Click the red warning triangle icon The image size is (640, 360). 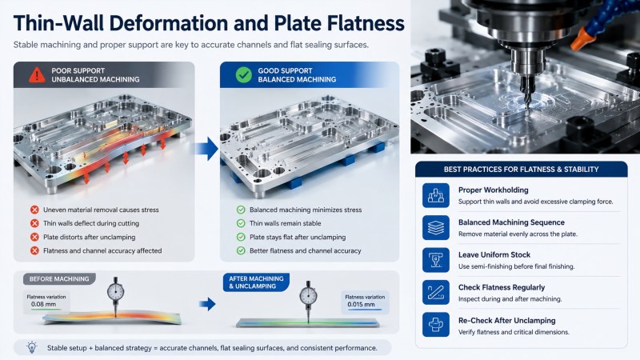(37, 74)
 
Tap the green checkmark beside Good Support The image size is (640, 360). (244, 74)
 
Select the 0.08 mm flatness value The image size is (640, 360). (44, 304)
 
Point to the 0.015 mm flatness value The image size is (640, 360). (361, 305)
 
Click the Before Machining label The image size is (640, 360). (59, 278)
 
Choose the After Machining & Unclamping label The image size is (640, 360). (256, 282)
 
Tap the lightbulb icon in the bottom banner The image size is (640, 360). (32, 347)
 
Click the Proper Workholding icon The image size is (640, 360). (435, 195)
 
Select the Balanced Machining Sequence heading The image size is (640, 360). (511, 222)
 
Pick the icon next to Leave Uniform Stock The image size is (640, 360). (435, 260)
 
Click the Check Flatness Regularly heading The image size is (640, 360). (502, 287)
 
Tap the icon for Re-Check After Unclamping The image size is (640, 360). (435, 325)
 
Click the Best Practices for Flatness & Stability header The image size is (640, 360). (522, 170)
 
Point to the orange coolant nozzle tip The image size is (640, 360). (574, 44)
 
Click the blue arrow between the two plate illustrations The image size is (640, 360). (207, 148)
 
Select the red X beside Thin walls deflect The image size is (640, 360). (34, 223)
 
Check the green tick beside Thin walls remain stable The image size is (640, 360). (241, 223)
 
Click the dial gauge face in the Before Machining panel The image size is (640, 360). (115, 292)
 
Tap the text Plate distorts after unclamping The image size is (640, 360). (89, 237)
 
